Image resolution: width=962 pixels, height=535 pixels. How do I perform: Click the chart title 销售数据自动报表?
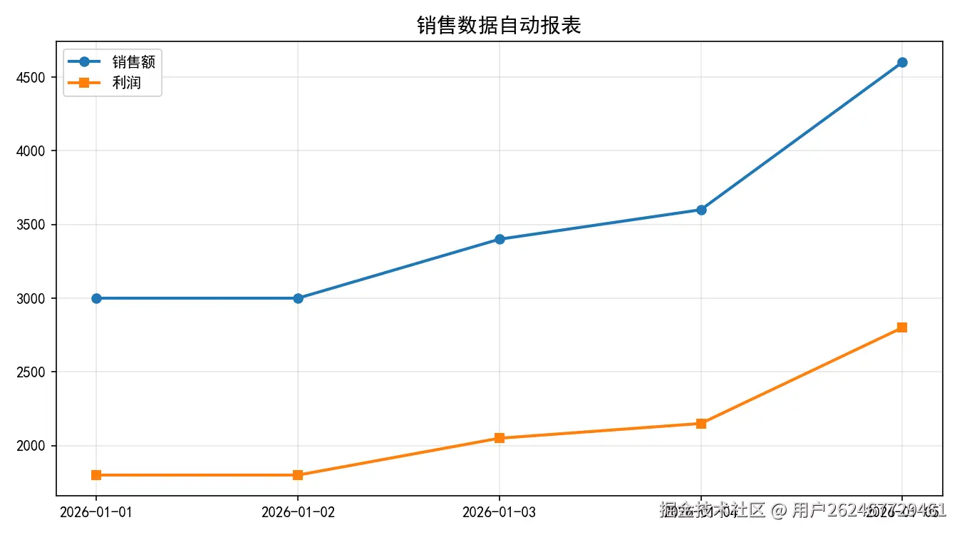click(x=499, y=26)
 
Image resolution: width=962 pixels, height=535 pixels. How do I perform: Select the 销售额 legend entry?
click(x=133, y=62)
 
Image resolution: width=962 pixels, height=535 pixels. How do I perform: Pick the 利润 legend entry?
click(x=126, y=83)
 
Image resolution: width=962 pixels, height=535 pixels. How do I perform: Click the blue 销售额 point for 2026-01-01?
click(x=96, y=298)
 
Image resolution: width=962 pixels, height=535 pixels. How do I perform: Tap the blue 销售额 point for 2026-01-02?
click(x=298, y=298)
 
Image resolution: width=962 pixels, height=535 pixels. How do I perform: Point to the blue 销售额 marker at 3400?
click(x=500, y=239)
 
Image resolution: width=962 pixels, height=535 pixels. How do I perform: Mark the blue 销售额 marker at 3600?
click(x=701, y=210)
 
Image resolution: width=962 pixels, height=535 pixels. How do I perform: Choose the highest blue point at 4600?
click(x=902, y=62)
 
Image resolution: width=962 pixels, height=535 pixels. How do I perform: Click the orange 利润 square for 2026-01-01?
click(x=96, y=475)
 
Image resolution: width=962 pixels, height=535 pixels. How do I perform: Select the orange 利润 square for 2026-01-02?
click(x=298, y=475)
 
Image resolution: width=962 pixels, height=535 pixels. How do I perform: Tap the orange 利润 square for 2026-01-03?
click(x=500, y=438)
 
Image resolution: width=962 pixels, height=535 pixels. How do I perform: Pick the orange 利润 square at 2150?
click(x=701, y=424)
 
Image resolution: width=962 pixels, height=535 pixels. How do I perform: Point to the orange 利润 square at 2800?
click(x=902, y=327)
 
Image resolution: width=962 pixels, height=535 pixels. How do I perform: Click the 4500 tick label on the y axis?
click(x=29, y=77)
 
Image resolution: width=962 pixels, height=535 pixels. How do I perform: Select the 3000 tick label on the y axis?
click(x=29, y=298)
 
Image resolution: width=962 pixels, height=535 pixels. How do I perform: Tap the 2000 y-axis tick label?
click(x=29, y=446)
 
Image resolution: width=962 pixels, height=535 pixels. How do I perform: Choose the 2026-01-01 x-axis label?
click(x=96, y=511)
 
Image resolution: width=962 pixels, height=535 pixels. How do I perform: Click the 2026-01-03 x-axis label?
click(x=499, y=511)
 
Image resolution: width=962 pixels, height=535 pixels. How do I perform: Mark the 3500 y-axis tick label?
click(x=29, y=225)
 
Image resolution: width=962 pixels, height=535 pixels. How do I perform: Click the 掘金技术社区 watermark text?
click(x=713, y=510)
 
